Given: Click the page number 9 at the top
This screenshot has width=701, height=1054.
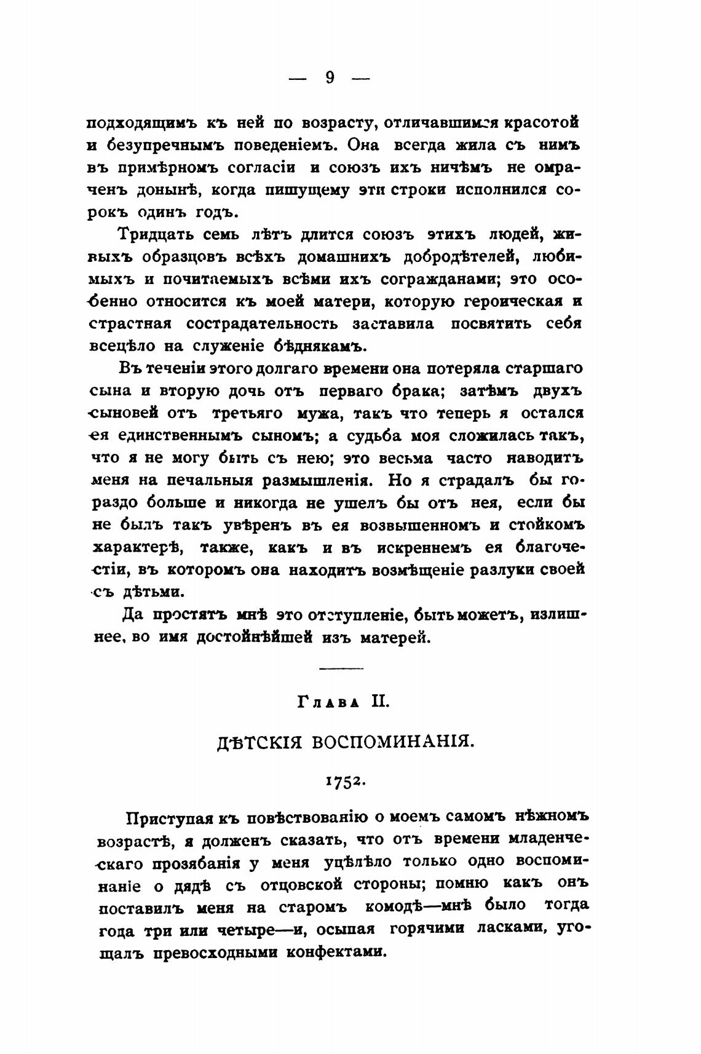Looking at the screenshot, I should (330, 78).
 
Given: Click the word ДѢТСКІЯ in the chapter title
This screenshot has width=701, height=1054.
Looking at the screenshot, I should (261, 742).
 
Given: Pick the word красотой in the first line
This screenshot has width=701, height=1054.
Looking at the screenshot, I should (542, 122).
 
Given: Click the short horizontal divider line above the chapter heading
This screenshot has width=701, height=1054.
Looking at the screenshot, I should (342, 668).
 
